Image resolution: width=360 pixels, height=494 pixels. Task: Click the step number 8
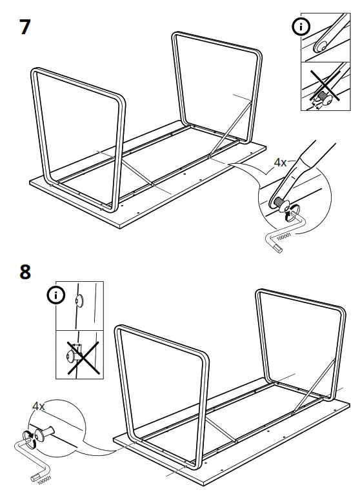click(x=25, y=271)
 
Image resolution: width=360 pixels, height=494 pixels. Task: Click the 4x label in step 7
click(x=280, y=163)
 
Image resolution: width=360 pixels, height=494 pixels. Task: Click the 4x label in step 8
click(x=39, y=406)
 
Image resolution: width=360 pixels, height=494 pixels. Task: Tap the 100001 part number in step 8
click(x=43, y=480)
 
